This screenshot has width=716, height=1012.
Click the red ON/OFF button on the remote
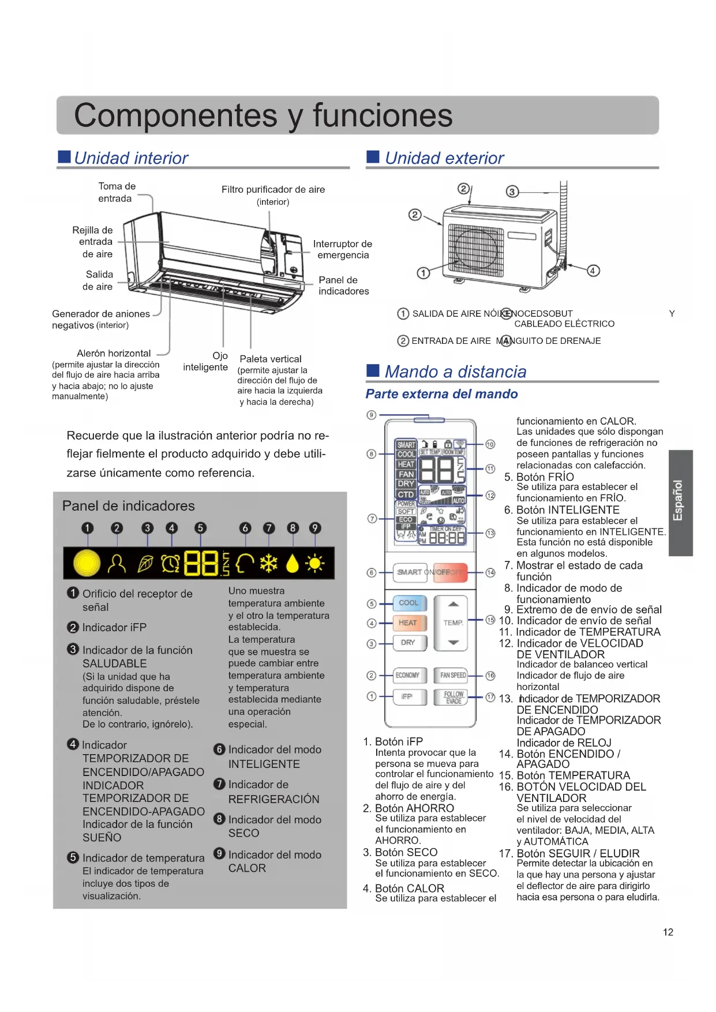(x=450, y=572)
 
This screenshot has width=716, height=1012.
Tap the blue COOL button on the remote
(x=409, y=603)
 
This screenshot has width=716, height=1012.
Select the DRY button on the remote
(x=408, y=643)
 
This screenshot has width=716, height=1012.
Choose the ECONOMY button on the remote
(x=408, y=675)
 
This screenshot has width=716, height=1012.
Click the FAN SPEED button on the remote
(x=453, y=675)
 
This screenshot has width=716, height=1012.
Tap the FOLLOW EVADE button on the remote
(x=453, y=698)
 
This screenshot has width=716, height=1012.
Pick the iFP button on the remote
(x=407, y=697)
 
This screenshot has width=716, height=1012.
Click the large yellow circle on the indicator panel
(x=87, y=563)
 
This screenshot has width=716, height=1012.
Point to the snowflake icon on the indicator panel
(x=269, y=563)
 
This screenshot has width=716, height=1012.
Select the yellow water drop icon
(x=293, y=564)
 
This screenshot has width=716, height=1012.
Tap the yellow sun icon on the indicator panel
(x=315, y=563)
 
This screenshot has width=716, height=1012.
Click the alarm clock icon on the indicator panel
(x=171, y=563)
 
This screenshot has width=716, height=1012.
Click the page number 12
(x=668, y=932)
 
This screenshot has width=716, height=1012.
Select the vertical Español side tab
(x=680, y=502)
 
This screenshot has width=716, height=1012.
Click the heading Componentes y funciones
(x=263, y=115)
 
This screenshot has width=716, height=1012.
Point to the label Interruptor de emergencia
(x=343, y=249)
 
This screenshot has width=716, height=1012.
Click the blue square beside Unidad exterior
(x=373, y=157)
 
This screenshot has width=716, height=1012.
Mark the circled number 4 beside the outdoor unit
(x=593, y=271)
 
